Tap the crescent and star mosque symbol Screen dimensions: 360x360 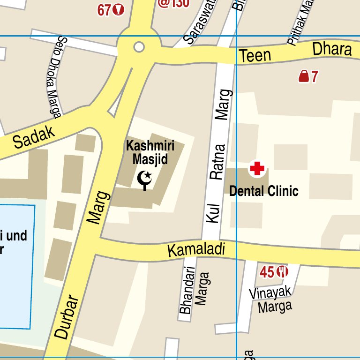click(x=145, y=179)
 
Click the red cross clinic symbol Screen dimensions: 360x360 click(x=257, y=169)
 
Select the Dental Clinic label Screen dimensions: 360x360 click(x=263, y=191)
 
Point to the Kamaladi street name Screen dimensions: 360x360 click(x=196, y=250)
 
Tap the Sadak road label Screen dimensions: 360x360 click(x=34, y=136)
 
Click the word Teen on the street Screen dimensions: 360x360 click(x=255, y=56)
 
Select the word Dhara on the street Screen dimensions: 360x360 click(x=332, y=49)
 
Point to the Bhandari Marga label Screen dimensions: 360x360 click(x=193, y=289)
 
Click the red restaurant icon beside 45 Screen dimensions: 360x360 click(x=282, y=271)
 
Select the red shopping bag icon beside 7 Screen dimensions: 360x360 click(x=304, y=76)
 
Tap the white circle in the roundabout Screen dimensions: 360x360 click(x=139, y=47)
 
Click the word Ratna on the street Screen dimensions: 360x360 click(x=218, y=162)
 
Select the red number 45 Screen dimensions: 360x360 click(x=267, y=272)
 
